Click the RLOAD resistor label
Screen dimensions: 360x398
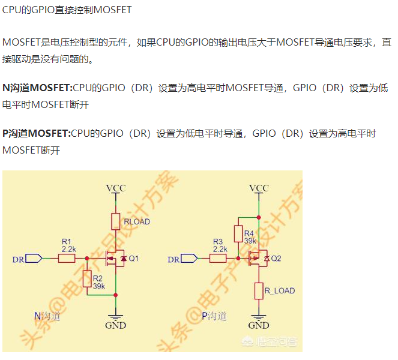coord(137,222)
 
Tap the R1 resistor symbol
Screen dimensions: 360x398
coord(67,259)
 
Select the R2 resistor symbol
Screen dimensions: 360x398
coord(88,279)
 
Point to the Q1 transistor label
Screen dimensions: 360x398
coord(133,259)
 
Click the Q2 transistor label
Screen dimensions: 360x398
coord(276,259)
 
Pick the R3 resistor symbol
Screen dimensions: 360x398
coord(219,259)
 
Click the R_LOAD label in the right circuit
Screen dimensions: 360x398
coord(280,291)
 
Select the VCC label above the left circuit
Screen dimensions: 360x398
coord(116,188)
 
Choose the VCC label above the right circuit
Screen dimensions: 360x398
coord(259,188)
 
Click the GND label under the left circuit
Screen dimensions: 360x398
coord(115,326)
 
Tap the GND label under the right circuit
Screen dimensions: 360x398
coord(259,326)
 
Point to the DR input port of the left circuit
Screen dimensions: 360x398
coord(28,259)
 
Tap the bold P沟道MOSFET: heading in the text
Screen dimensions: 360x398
coord(37,133)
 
